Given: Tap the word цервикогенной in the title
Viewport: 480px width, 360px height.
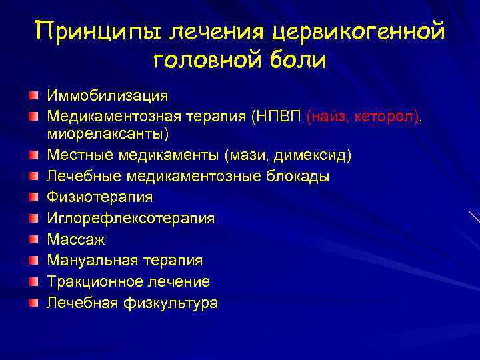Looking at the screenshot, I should tap(357, 31).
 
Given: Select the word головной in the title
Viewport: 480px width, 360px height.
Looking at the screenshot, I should tap(206, 61).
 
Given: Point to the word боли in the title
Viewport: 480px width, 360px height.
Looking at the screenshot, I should tap(297, 61).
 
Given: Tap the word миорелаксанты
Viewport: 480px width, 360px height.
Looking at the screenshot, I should tap(107, 134).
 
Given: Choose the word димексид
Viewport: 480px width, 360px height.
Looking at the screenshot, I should tap(314, 155).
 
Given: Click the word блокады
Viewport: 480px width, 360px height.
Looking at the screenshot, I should tap(295, 177).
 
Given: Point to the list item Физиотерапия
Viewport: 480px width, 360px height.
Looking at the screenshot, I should tap(99, 197).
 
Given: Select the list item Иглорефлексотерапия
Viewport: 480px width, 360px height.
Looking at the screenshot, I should tap(130, 219).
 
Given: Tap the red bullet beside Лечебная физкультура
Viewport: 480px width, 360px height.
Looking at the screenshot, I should tap(33, 303).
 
